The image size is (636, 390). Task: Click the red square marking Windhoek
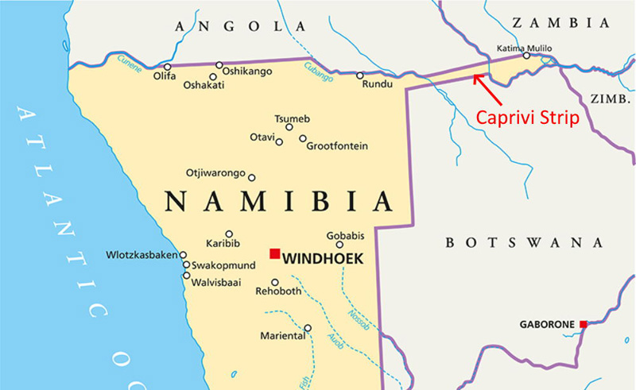[x=274, y=253]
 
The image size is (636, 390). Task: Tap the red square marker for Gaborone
[x=583, y=324]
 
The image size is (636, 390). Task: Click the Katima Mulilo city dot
[x=526, y=56]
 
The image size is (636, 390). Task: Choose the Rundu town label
[x=378, y=86]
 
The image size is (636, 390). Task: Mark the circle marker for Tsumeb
[x=289, y=127]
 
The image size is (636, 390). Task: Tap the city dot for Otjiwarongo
[x=252, y=178]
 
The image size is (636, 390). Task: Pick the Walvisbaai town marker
[x=186, y=276]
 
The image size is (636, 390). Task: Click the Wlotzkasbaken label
[x=142, y=255]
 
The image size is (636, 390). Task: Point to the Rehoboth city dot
[x=275, y=282]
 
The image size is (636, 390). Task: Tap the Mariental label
[x=282, y=336]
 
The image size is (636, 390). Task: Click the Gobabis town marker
[x=339, y=245]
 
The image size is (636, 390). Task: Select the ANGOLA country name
[x=229, y=26]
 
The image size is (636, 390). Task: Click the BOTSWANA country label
[x=524, y=242]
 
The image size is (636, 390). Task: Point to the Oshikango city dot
[x=219, y=64]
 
